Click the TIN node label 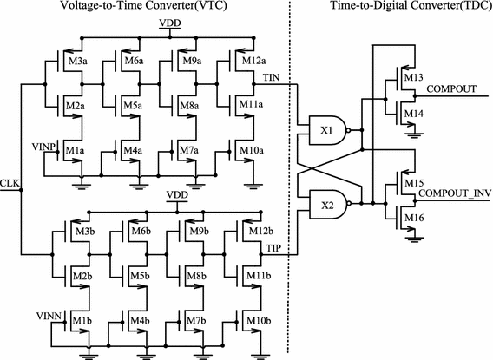(x=272, y=77)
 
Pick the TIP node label (x=272, y=249)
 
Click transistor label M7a (x=194, y=151)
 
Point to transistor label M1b (x=82, y=322)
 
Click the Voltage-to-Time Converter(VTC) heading (x=139, y=7)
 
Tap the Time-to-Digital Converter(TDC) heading (x=408, y=7)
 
